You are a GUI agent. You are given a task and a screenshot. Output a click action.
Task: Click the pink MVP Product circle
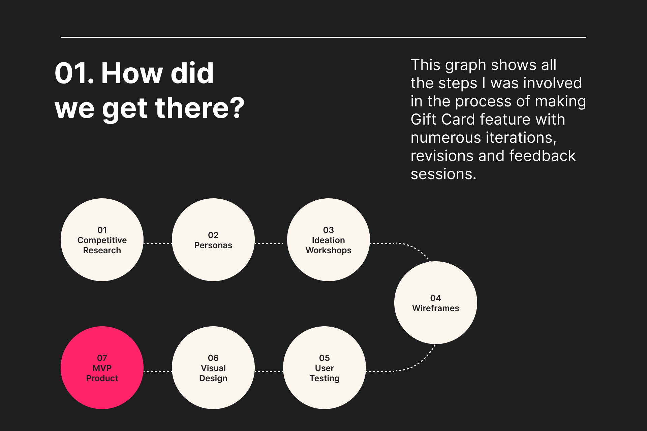click(102, 368)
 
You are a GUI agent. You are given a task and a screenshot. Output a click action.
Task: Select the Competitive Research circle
click(102, 240)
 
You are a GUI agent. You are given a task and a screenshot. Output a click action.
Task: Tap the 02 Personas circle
click(213, 240)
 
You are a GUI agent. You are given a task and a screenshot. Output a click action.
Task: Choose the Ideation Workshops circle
click(329, 240)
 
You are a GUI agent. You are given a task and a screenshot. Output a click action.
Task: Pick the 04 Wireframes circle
click(436, 303)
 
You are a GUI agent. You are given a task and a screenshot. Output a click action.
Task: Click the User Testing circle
click(325, 368)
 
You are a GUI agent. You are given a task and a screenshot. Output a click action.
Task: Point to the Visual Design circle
click(213, 368)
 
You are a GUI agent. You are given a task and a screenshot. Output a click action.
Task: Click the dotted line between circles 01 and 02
click(158, 243)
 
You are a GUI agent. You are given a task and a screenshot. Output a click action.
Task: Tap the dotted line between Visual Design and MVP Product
click(158, 371)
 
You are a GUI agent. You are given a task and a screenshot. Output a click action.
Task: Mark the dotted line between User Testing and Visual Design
click(269, 371)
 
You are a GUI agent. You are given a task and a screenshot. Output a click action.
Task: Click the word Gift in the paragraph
click(424, 119)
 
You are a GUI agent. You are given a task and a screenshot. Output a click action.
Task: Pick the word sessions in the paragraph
click(443, 174)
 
